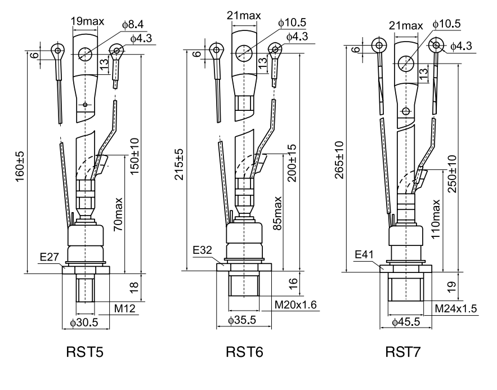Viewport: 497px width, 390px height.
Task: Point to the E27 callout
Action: (x=50, y=257)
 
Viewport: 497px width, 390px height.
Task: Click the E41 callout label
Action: (x=364, y=255)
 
